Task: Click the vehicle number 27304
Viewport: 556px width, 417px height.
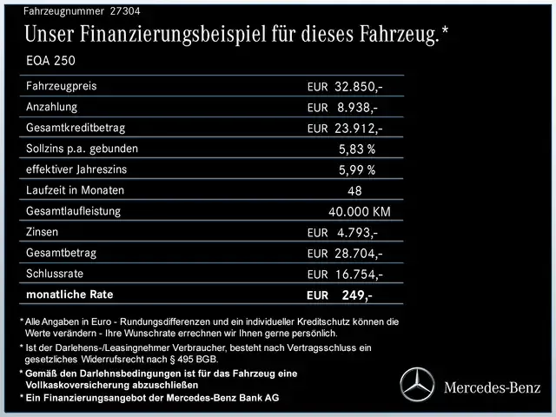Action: point(122,11)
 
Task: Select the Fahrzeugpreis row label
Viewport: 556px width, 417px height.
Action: point(62,87)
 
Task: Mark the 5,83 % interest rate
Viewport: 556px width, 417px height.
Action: point(357,149)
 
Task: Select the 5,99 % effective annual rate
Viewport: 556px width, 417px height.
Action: point(357,170)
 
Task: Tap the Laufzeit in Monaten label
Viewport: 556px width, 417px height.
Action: point(76,190)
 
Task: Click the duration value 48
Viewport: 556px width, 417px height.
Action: point(354,191)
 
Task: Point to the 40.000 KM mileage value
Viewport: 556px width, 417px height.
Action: point(360,212)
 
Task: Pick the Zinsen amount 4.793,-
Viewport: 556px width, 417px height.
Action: point(357,233)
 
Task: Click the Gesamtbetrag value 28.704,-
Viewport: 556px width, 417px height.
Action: point(359,254)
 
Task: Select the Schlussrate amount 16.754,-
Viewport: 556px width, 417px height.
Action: point(359,275)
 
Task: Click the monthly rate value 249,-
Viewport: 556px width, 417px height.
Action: point(357,295)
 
